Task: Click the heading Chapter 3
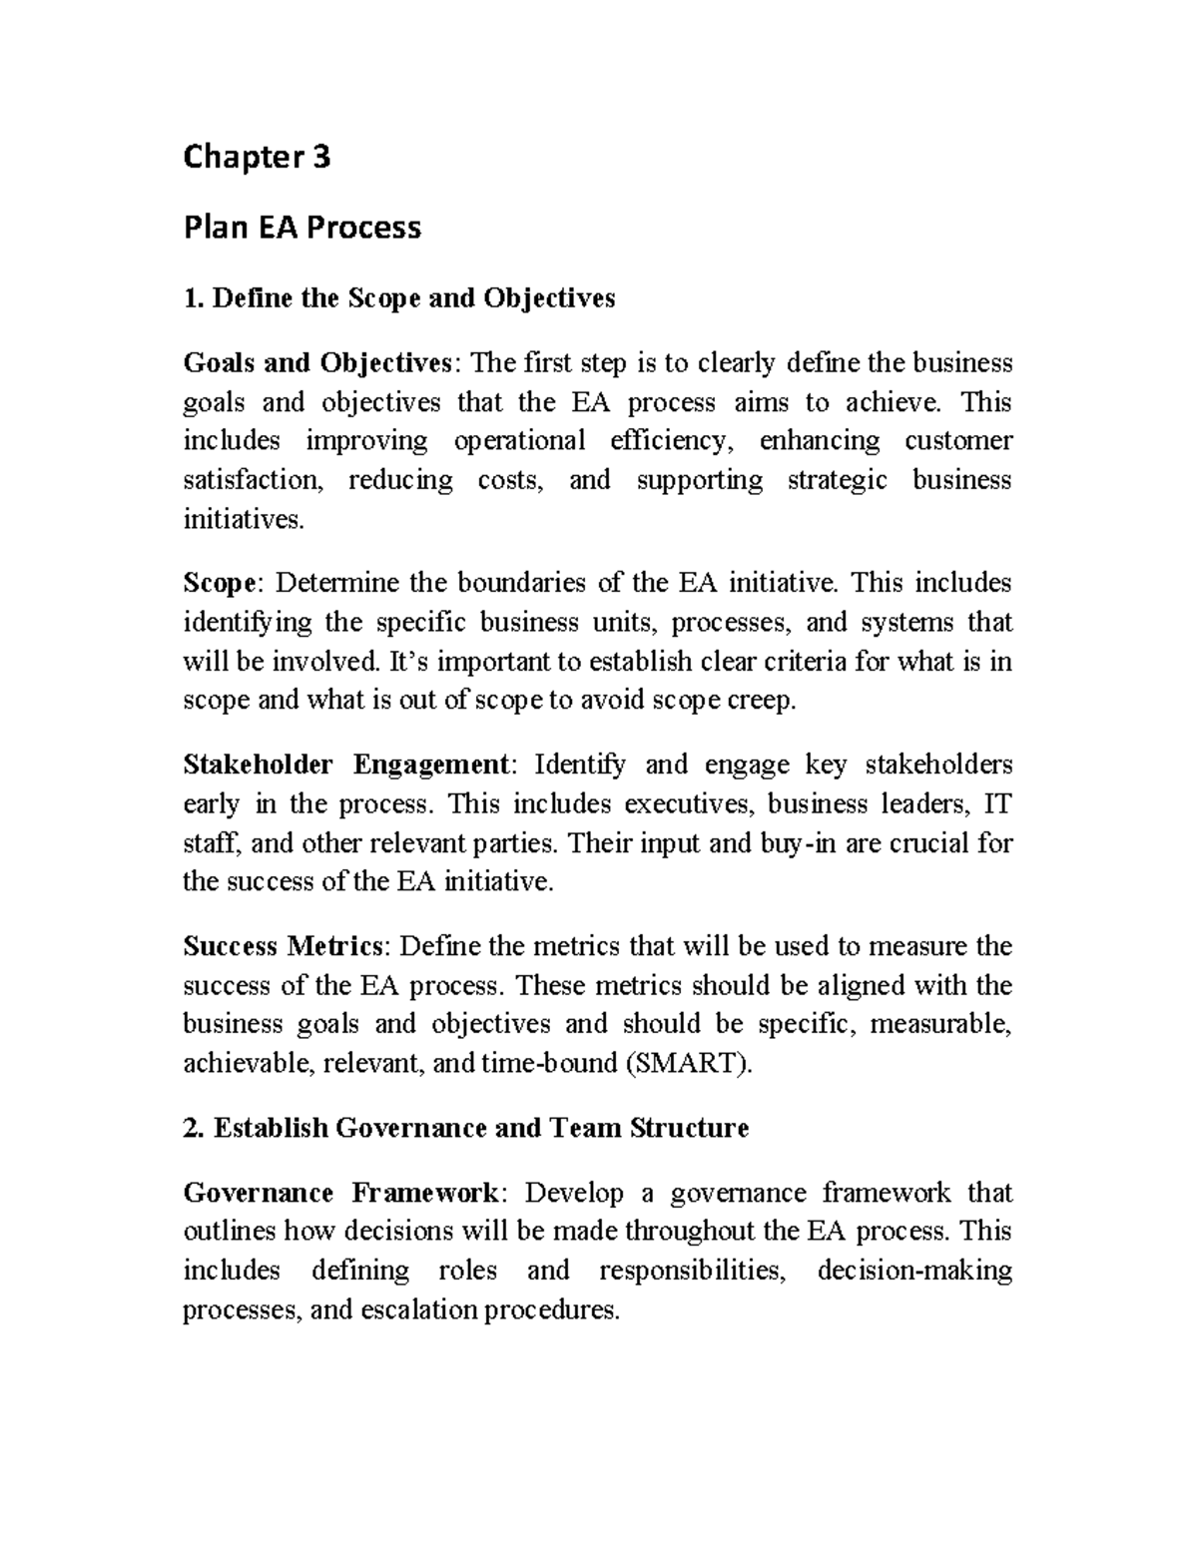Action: click(x=257, y=158)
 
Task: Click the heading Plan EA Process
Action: click(x=301, y=228)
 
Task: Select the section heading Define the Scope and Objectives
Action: click(x=399, y=297)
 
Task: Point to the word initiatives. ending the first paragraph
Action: click(x=241, y=519)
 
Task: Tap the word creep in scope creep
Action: click(x=767, y=701)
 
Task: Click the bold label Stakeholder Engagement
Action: click(x=345, y=766)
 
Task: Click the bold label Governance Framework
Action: click(x=340, y=1194)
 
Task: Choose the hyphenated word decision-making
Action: click(x=914, y=1272)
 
